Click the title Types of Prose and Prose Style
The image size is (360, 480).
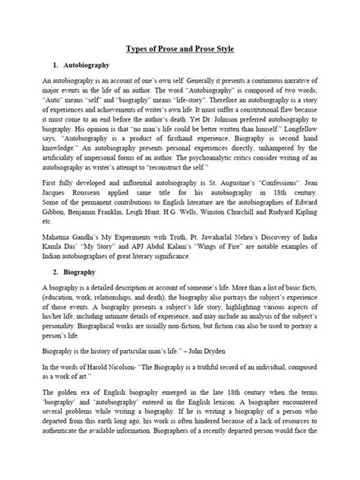(179, 49)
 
